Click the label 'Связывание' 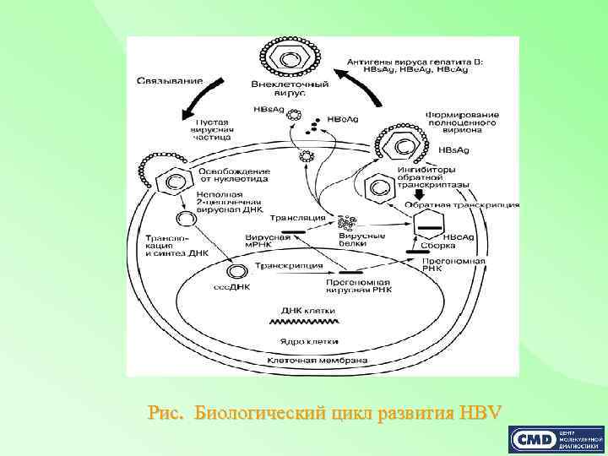click(170, 80)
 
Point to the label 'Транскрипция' click(301, 266)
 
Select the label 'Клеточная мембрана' click(317, 361)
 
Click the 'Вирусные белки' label click(368, 241)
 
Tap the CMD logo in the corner click(556, 440)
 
